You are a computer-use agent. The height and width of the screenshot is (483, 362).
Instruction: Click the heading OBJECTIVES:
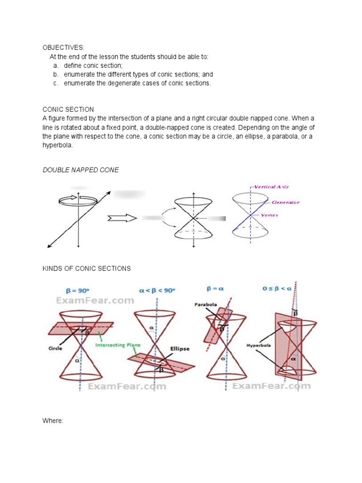63,48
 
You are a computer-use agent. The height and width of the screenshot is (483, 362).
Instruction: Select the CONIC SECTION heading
68,109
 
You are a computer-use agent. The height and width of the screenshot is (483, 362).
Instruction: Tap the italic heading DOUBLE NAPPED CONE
81,170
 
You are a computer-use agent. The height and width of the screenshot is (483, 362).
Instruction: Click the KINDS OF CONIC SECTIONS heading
86,268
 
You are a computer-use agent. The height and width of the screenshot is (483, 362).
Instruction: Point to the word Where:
53,420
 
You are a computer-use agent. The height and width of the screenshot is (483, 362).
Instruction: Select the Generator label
286,202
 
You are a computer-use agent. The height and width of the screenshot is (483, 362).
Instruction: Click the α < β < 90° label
156,291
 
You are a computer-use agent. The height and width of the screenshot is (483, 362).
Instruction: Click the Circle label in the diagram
55,349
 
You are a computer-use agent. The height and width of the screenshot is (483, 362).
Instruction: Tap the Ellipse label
180,349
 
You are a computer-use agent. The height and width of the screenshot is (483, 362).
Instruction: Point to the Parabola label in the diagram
206,305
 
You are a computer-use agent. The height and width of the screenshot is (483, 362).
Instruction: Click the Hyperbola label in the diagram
257,345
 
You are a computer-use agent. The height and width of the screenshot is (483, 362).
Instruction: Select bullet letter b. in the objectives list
55,75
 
